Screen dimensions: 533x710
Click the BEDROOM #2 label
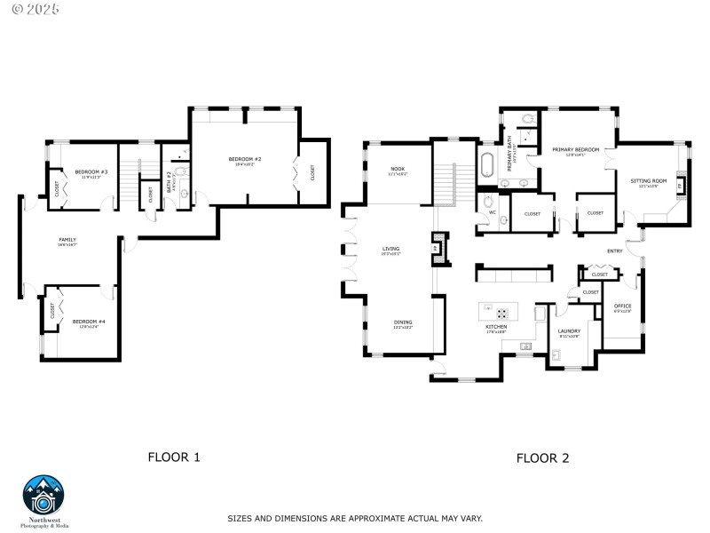pyautogui.click(x=244, y=159)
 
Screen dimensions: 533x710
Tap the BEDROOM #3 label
pyautogui.click(x=91, y=171)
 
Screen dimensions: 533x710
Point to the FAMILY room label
pyautogui.click(x=67, y=239)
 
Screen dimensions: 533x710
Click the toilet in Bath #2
pyautogui.click(x=183, y=172)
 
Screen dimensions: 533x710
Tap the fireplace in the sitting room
pyautogui.click(x=680, y=186)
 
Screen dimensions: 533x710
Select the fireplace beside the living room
pyautogui.click(x=437, y=248)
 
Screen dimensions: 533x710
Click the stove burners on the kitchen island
pyautogui.click(x=501, y=313)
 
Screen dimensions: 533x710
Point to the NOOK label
pyautogui.click(x=397, y=169)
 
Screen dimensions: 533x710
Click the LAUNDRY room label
pyautogui.click(x=569, y=331)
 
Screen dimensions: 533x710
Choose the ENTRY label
pyautogui.click(x=614, y=251)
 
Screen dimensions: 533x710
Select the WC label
pyautogui.click(x=492, y=212)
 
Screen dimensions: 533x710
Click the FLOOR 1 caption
pyautogui.click(x=173, y=457)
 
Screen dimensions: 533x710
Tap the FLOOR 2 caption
pyautogui.click(x=542, y=458)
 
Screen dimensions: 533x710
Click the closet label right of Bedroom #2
pyautogui.click(x=312, y=172)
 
